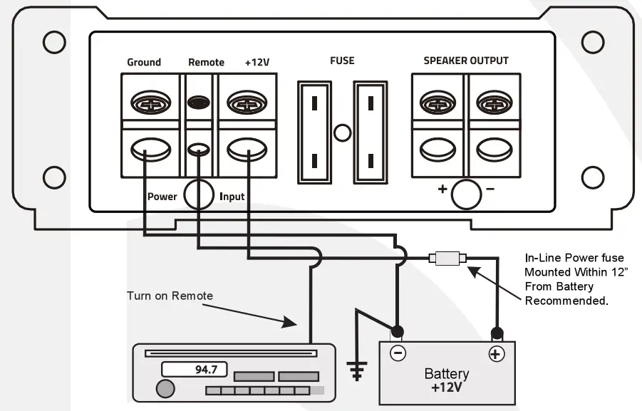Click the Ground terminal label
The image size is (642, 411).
(x=144, y=62)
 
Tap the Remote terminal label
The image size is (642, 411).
(x=206, y=62)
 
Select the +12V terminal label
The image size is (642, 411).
(x=257, y=62)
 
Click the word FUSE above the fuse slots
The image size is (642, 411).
(x=342, y=61)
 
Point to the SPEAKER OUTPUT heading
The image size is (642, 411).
(x=466, y=61)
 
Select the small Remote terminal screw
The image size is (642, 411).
(x=199, y=103)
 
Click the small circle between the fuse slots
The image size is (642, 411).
(x=343, y=132)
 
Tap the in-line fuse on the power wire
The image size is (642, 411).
(x=447, y=259)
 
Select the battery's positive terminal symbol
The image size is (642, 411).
(x=495, y=354)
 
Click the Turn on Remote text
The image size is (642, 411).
(x=170, y=296)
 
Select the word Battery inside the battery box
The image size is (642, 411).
(x=447, y=374)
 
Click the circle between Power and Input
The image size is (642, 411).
(x=199, y=195)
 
